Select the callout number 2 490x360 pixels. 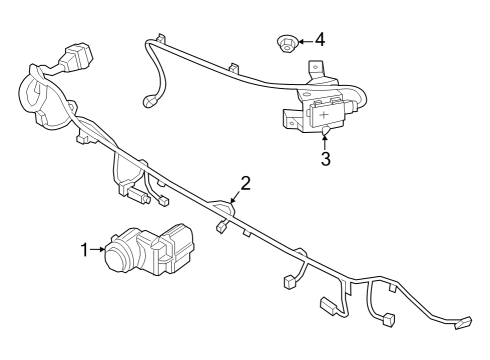(x=245, y=183)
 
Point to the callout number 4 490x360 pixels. (x=319, y=40)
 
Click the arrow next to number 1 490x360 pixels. (x=99, y=250)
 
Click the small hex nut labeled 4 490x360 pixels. (x=285, y=43)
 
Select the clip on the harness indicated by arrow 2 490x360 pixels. (x=227, y=208)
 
